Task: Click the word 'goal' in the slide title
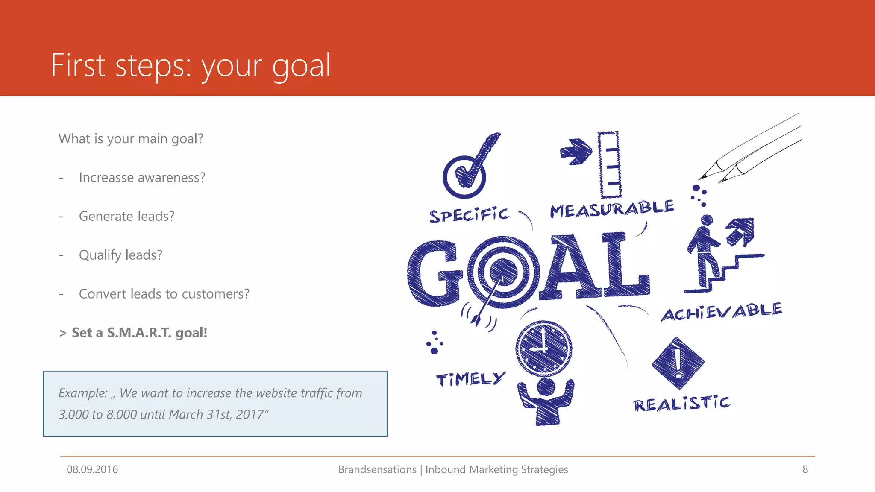[301, 66]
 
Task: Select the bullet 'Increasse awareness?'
[142, 177]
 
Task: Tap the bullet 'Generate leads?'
[126, 216]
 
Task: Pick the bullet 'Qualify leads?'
[120, 255]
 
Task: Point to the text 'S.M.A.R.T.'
[139, 333]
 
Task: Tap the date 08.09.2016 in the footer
[92, 469]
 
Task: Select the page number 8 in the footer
[805, 469]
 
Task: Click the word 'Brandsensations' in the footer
[377, 469]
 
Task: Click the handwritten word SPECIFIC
[469, 215]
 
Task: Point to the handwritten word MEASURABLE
[612, 209]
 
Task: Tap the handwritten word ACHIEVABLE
[721, 312]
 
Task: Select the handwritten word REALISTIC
[681, 403]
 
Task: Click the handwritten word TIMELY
[470, 379]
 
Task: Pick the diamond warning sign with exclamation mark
[678, 363]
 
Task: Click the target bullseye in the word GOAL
[503, 272]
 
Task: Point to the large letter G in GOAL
[435, 273]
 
